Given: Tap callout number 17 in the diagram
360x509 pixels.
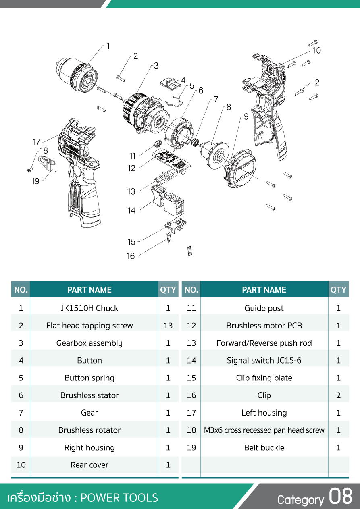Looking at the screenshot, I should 37,142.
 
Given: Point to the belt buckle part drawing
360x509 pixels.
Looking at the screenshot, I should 48,164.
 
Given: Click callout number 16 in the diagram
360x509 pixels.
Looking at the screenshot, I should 131,256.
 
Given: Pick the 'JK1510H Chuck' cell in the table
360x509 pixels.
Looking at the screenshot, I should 89,308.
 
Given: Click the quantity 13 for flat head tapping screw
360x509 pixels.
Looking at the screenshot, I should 168,326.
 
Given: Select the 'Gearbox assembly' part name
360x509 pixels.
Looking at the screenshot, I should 89,343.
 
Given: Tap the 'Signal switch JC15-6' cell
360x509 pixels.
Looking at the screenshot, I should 264,360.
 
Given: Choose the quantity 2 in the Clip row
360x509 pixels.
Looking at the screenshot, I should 339,395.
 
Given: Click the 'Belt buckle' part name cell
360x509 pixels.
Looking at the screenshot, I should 264,448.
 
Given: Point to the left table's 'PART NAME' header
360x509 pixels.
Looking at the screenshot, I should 89,290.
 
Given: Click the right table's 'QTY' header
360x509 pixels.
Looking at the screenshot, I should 339,290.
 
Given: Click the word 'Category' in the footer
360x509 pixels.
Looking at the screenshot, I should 300,500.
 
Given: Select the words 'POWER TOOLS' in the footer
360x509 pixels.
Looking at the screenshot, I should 119,498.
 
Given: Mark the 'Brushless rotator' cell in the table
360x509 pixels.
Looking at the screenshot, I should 89,430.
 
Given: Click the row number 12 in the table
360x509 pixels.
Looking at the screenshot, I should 191,326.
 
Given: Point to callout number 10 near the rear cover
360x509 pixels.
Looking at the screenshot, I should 317,51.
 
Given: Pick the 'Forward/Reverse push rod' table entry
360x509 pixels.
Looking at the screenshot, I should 264,343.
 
